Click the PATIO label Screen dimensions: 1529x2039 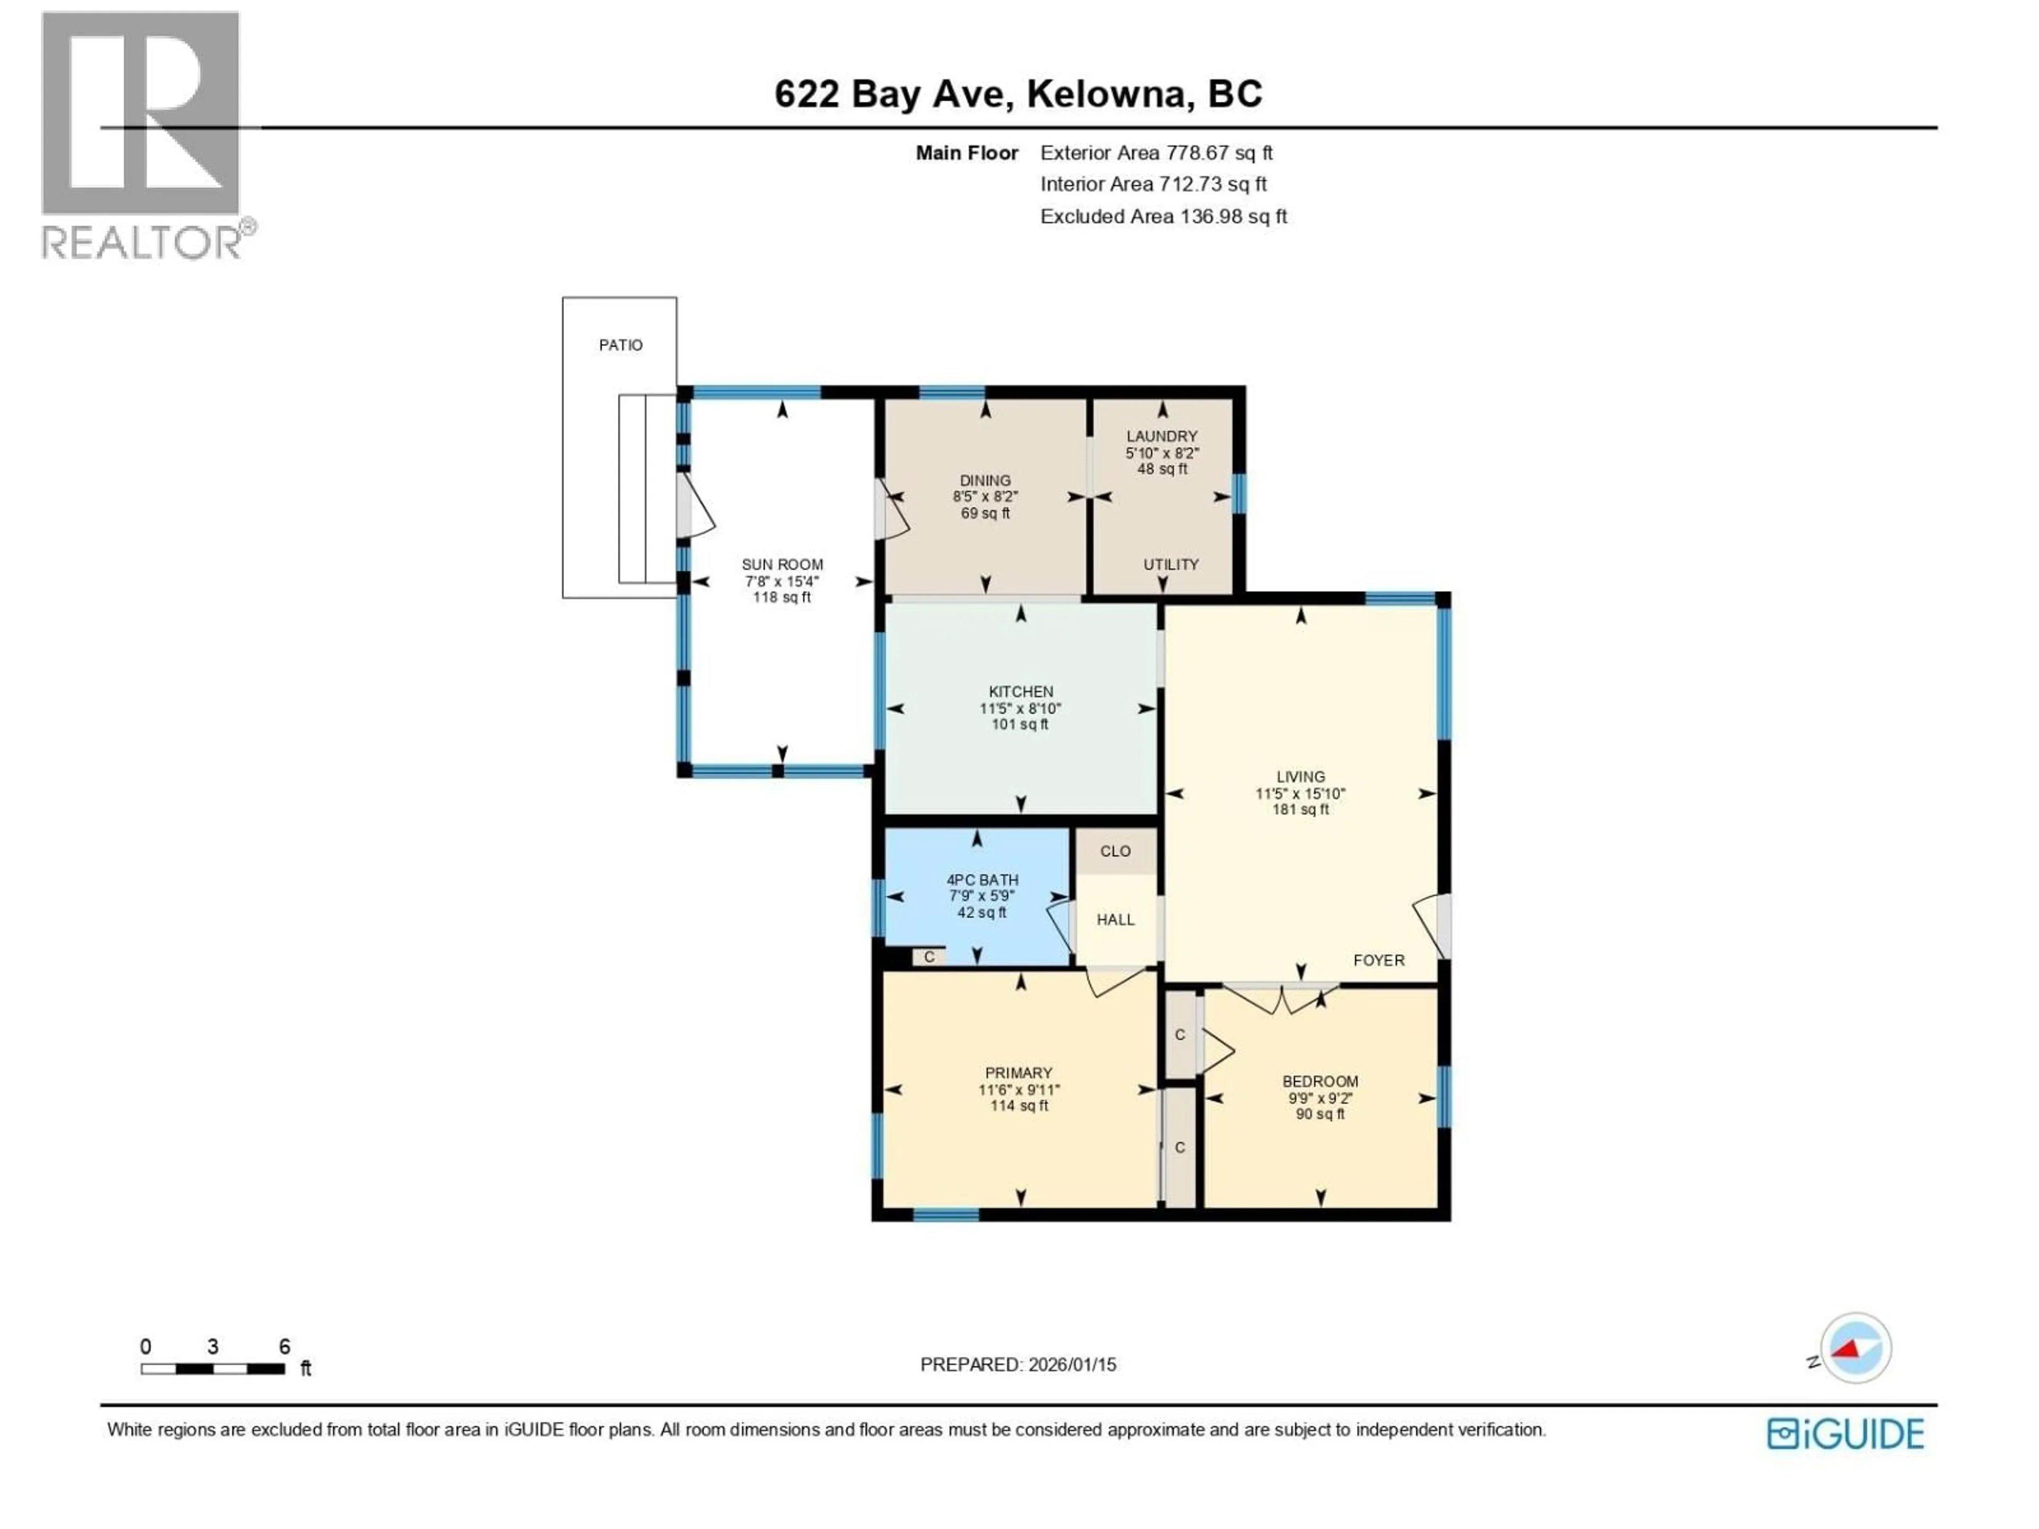[x=620, y=345]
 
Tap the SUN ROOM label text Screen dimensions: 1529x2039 [x=782, y=564]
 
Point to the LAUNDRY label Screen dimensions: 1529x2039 [x=1161, y=436]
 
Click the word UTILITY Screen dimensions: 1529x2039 [x=1171, y=564]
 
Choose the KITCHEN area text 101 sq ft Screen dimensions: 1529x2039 [x=1019, y=724]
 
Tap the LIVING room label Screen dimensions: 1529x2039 [x=1300, y=776]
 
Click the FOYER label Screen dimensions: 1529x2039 [x=1378, y=959]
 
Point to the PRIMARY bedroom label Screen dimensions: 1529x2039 [x=1018, y=1073]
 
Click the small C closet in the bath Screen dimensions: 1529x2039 [x=929, y=957]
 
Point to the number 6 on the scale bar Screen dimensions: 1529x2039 [x=284, y=1346]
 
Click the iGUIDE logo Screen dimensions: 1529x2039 [x=1845, y=1434]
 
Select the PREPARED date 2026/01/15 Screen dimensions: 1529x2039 [x=1018, y=1364]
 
